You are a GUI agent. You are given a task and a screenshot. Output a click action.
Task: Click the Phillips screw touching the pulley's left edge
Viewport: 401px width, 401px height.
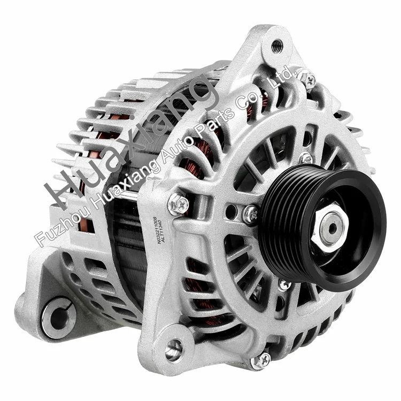250,214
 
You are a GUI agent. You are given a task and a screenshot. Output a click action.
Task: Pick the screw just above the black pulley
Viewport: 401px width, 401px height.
305,158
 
